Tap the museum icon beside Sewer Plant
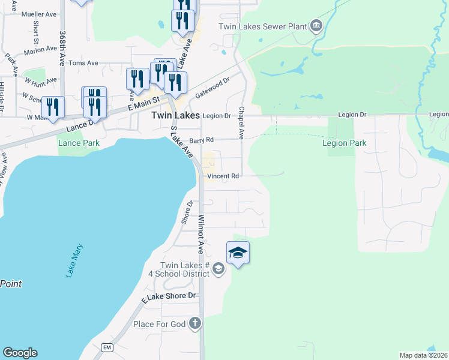[316, 26]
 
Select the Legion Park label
[344, 143]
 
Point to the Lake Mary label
[74, 260]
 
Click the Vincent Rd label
[223, 176]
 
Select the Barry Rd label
[202, 140]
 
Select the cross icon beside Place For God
[194, 324]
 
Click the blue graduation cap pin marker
[238, 253]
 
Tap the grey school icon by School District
[218, 268]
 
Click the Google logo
[20, 353]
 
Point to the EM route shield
[107, 347]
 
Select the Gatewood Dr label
[212, 87]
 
